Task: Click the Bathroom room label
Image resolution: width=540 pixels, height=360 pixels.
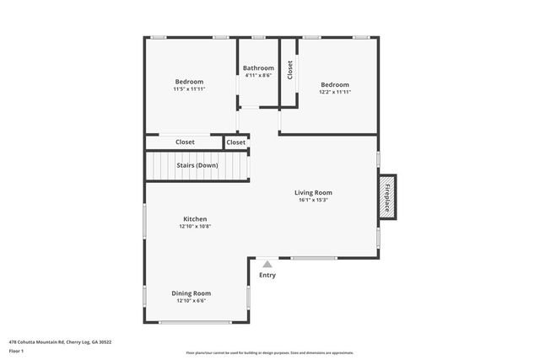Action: tap(258, 67)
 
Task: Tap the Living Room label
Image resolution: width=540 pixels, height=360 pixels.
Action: tap(313, 192)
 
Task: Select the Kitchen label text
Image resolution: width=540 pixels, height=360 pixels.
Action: tap(195, 219)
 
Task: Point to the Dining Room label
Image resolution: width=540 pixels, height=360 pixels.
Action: tap(192, 293)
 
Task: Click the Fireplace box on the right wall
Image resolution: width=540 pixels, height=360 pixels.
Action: tap(388, 196)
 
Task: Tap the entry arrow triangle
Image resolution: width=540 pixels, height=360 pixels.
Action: tap(267, 265)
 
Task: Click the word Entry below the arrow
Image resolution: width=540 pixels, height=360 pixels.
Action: tap(267, 276)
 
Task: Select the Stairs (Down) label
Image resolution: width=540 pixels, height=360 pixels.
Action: tap(197, 165)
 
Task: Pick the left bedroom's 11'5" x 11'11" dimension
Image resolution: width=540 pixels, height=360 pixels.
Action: tap(190, 89)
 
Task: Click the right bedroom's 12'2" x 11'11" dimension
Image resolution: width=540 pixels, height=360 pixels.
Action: tap(335, 92)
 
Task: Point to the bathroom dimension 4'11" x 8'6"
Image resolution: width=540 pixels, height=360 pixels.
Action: tap(258, 76)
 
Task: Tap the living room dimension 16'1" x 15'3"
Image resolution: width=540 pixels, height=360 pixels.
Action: tap(313, 200)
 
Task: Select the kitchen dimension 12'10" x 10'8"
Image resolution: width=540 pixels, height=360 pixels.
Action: tap(195, 227)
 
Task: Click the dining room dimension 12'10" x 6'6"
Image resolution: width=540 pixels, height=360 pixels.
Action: tap(192, 301)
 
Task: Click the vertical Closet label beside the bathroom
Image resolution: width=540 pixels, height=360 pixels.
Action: tap(289, 70)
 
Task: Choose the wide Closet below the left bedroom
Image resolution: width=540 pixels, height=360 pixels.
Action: tap(185, 142)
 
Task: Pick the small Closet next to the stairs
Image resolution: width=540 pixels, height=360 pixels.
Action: tap(236, 142)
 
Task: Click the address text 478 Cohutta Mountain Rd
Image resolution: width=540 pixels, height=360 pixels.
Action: tap(60, 342)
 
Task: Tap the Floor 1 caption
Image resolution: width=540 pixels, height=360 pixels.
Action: tap(17, 352)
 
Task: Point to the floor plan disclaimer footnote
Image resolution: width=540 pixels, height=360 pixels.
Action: tap(270, 352)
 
